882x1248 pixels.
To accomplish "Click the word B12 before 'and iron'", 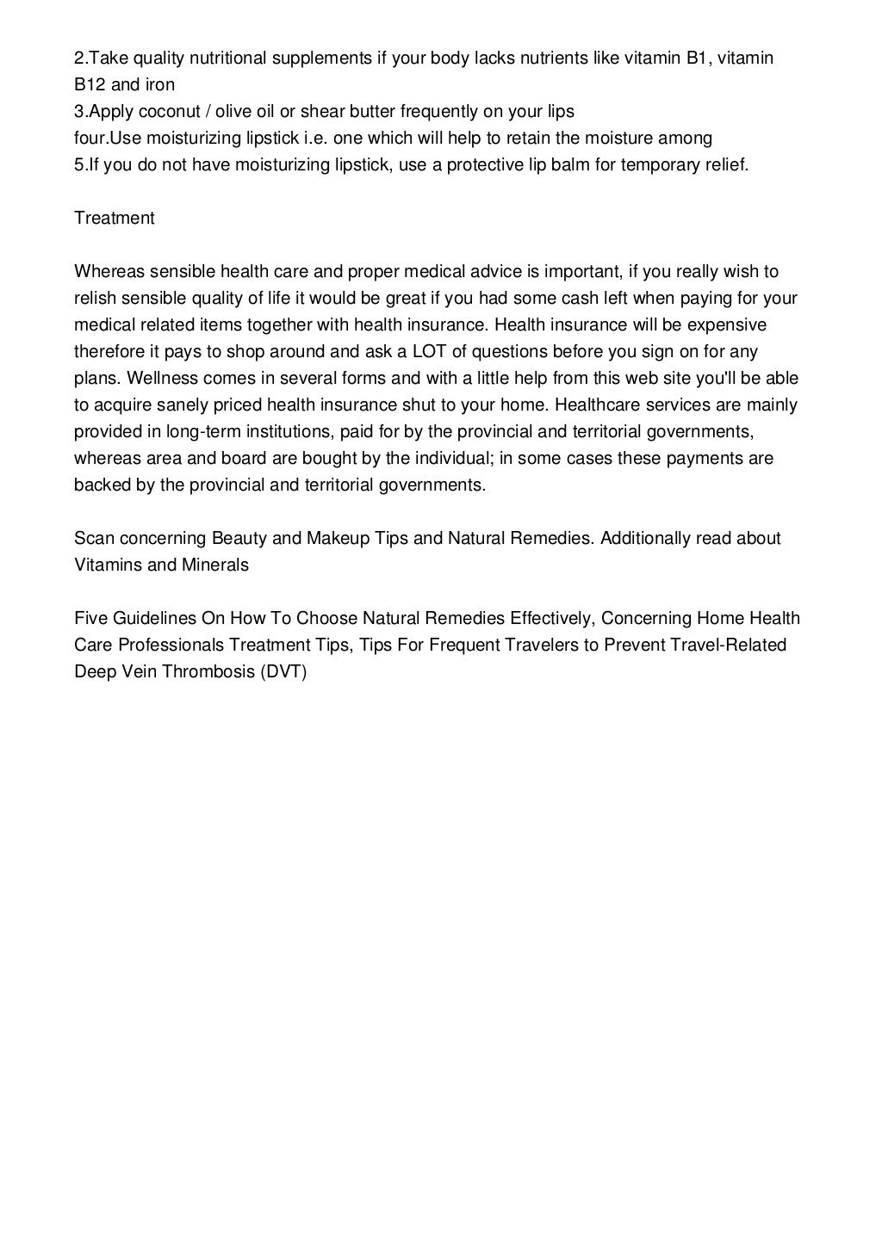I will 89,84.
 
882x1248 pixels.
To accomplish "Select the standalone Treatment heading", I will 115,218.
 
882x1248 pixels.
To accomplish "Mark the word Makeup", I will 338,538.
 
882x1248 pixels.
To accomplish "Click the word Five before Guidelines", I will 91,618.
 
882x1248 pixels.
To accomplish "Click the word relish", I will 96,298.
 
